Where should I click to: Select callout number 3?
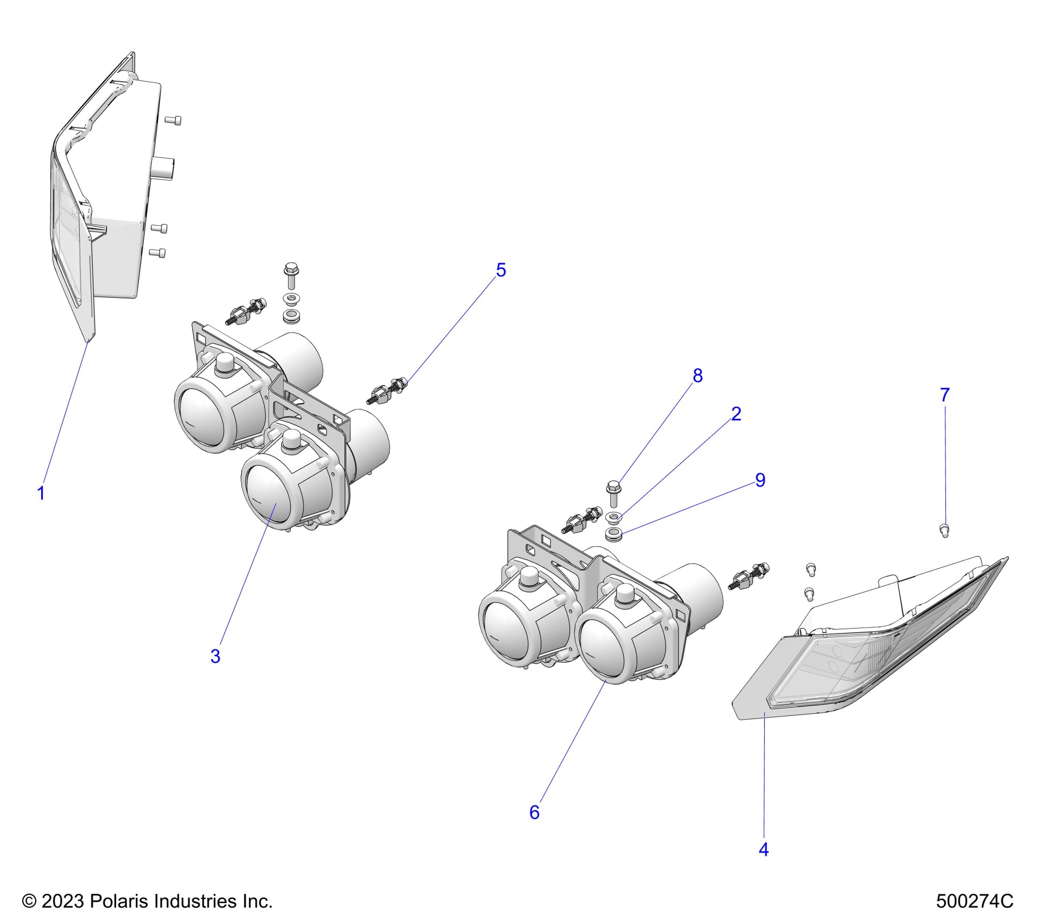click(215, 656)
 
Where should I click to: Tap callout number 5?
click(501, 270)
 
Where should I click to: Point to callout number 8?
click(697, 375)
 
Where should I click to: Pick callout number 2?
click(736, 414)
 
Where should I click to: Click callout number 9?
click(760, 480)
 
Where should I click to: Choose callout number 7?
click(945, 395)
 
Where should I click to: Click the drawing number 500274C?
click(974, 901)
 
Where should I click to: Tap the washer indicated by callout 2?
click(613, 516)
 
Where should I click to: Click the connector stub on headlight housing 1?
click(162, 168)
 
